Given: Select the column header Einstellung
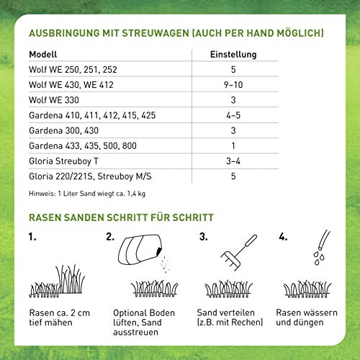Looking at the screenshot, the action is click(233, 55).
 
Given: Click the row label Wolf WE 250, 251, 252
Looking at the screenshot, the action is click(72, 70).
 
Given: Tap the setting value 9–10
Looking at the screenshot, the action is click(233, 85).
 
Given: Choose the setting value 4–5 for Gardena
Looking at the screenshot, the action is click(233, 115).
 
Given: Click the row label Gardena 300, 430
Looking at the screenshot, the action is click(64, 130).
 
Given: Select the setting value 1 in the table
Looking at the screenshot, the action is click(233, 145).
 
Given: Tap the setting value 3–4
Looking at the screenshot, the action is click(233, 161).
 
